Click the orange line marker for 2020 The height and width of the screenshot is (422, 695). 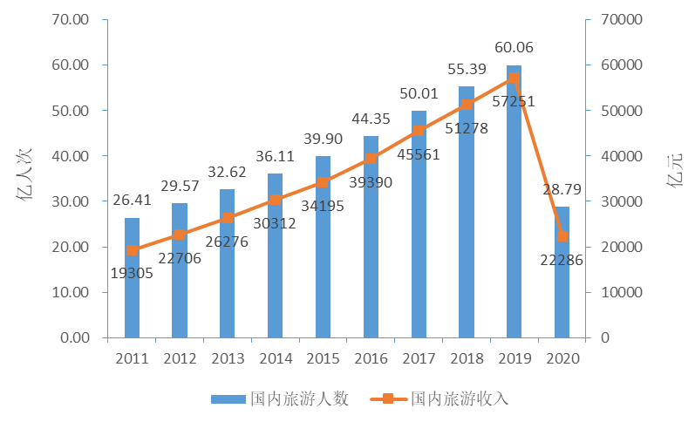pyautogui.click(x=562, y=236)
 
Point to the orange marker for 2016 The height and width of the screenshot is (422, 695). pyautogui.click(x=371, y=159)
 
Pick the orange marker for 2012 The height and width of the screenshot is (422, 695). pyautogui.click(x=180, y=235)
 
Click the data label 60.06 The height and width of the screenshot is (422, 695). pyautogui.click(x=514, y=48)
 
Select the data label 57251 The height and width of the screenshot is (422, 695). pyautogui.click(x=514, y=101)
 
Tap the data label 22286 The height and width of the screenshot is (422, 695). pyautogui.click(x=562, y=259)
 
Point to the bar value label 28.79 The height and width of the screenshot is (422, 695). pyautogui.click(x=562, y=189)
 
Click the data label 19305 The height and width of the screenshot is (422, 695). pyautogui.click(x=133, y=273)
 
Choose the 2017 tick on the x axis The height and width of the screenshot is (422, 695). pyautogui.click(x=419, y=358)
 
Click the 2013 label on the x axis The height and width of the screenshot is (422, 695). pyautogui.click(x=228, y=358)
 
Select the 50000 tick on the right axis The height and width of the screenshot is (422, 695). pyautogui.click(x=619, y=111)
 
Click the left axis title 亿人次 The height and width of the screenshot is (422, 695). pyautogui.click(x=26, y=179)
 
